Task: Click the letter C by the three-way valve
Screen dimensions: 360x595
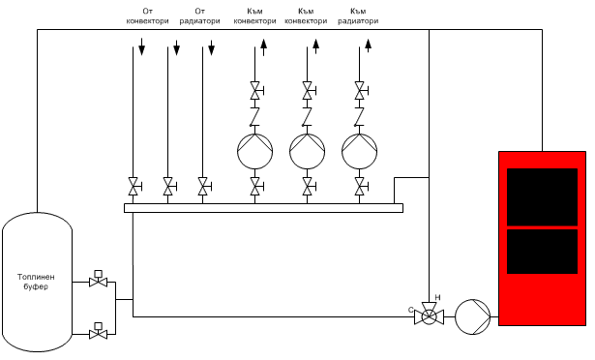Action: (412, 310)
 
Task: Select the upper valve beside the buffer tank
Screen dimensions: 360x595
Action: (97, 282)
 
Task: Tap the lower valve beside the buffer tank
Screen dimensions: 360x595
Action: (97, 333)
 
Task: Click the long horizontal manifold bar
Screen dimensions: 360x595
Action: (263, 207)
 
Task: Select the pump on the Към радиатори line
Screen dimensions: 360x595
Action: (360, 151)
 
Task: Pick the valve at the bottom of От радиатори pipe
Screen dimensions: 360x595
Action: (203, 185)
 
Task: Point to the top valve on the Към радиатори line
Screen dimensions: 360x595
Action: (360, 92)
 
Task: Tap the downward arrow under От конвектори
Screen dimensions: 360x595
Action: (141, 46)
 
